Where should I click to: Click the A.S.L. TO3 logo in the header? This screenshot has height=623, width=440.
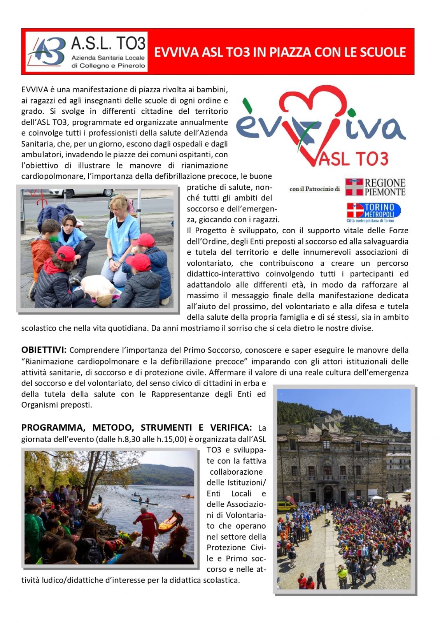pyautogui.click(x=86, y=51)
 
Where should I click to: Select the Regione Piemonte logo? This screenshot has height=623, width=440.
pyautogui.click(x=375, y=187)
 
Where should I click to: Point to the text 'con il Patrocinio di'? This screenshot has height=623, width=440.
pyautogui.click(x=314, y=189)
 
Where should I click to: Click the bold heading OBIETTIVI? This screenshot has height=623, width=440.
pyautogui.click(x=44, y=350)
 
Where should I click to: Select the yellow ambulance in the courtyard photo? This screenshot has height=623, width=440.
pyautogui.click(x=286, y=506)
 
